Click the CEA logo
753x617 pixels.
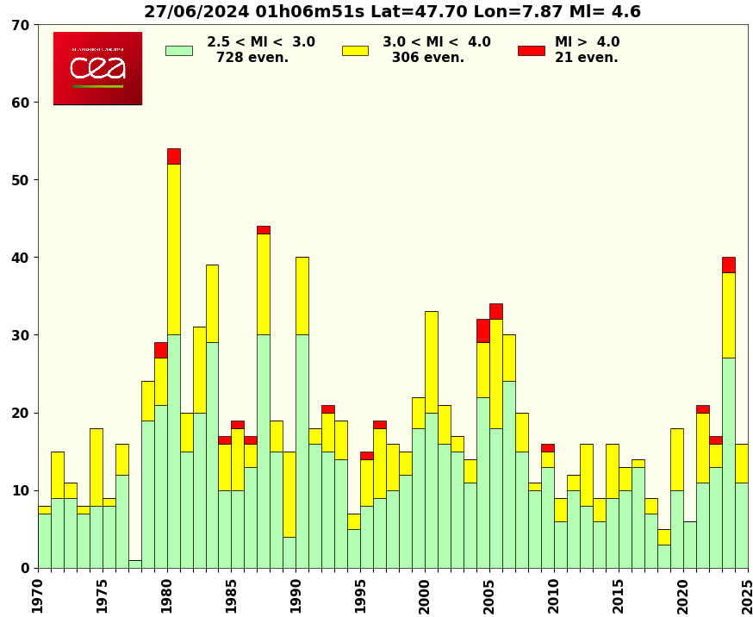coord(97,68)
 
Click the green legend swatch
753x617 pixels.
coord(178,50)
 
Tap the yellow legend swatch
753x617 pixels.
coord(355,50)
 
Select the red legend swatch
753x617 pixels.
coord(531,50)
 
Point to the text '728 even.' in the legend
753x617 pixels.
coord(252,58)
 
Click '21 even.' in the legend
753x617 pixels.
coord(586,58)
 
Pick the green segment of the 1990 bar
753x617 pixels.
coord(302,451)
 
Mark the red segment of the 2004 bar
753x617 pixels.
coord(483,330)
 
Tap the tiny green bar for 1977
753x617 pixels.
coord(135,564)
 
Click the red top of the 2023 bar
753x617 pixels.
coord(729,265)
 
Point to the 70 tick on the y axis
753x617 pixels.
coord(22,25)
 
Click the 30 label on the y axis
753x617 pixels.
coord(22,335)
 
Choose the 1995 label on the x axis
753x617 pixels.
coord(360,595)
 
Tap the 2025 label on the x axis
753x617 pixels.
coord(747,595)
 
